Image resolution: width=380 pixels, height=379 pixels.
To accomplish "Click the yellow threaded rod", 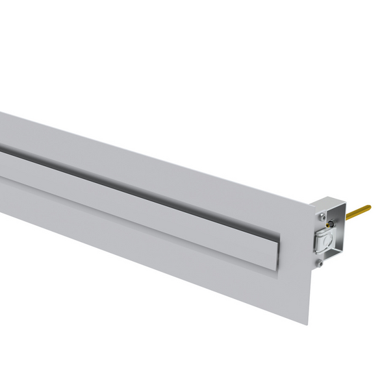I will tap(358, 212).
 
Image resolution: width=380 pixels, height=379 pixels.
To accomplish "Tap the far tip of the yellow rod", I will tap(368, 208).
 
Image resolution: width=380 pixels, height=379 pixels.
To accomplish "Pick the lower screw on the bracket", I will tap(319, 263).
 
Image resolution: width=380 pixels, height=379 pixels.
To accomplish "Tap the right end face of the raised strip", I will tap(275, 250).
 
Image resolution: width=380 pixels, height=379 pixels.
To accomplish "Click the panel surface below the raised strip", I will tap(162, 253).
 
